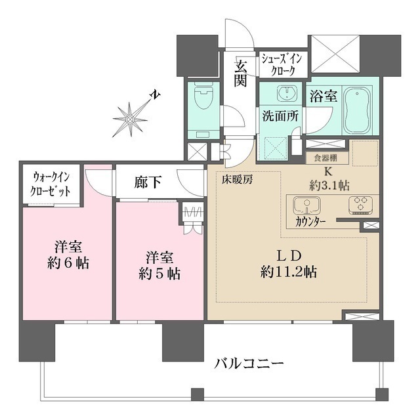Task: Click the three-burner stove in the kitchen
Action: (358, 205)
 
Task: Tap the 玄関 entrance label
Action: (241, 74)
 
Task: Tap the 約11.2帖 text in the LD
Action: (289, 271)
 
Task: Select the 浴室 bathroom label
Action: (324, 96)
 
